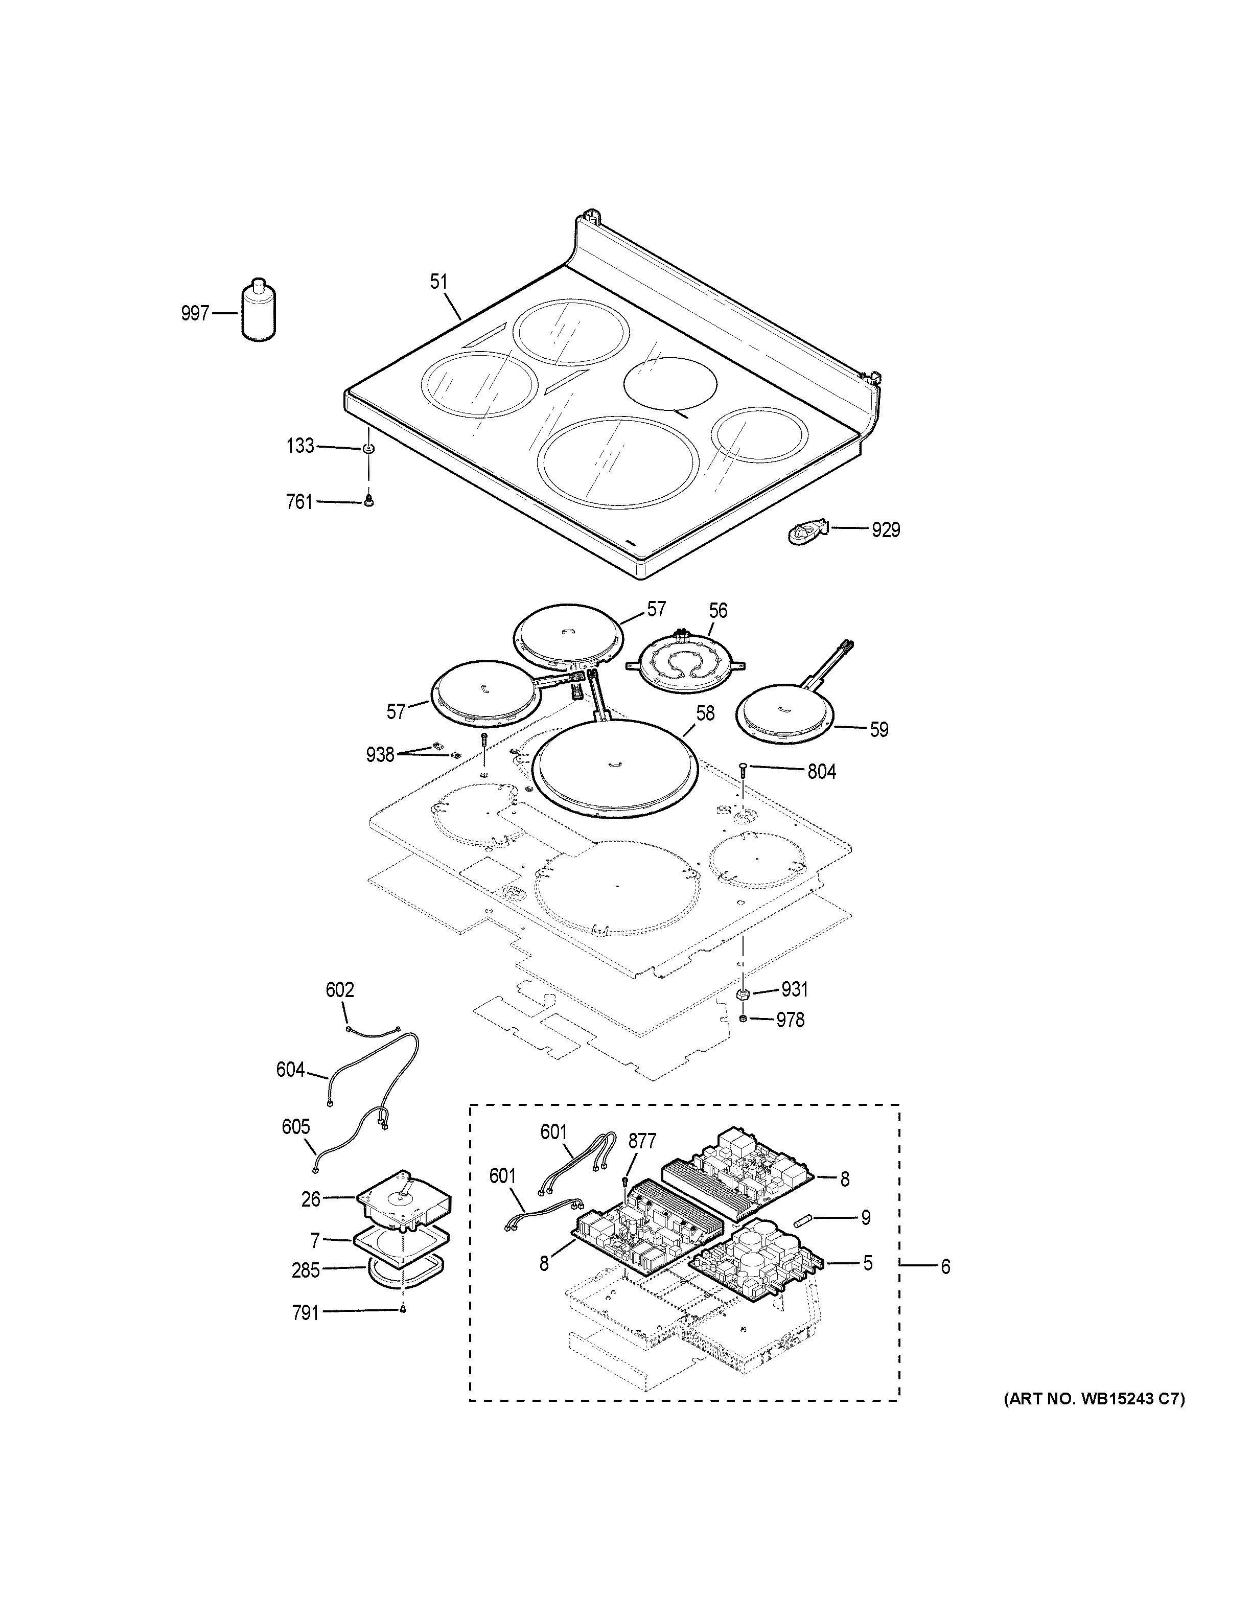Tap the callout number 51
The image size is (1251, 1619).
(439, 282)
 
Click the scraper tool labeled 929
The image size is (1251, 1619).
(807, 532)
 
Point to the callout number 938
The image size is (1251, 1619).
(380, 755)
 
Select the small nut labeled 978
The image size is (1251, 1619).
(744, 1020)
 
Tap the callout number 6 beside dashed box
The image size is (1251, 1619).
(945, 1267)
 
